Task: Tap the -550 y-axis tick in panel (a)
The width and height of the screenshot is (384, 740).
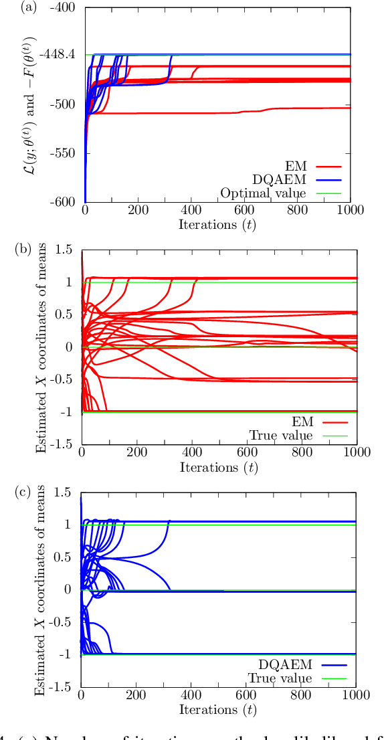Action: click(x=66, y=153)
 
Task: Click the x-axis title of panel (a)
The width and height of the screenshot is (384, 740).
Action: click(x=218, y=225)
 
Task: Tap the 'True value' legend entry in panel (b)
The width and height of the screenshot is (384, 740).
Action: click(x=281, y=436)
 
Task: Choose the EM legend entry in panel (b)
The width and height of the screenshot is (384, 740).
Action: click(x=303, y=422)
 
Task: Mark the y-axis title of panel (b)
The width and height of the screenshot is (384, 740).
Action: click(x=43, y=347)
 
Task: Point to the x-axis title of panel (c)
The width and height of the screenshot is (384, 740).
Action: click(x=218, y=711)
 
